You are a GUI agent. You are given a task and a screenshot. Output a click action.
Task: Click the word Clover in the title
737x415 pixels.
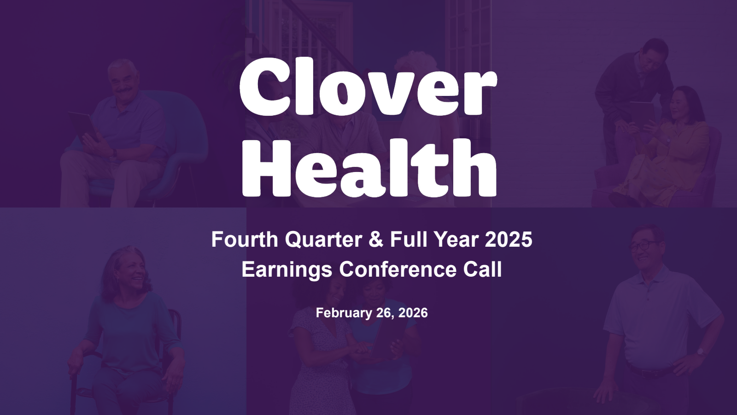(368, 86)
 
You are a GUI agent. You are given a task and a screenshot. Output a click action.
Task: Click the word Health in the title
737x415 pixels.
(369, 167)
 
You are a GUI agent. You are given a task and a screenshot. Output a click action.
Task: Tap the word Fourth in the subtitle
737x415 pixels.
(245, 239)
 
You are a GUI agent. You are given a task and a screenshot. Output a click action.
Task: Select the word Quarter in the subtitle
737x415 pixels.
(323, 240)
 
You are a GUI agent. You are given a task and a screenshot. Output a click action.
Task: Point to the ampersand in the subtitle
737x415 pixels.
(376, 239)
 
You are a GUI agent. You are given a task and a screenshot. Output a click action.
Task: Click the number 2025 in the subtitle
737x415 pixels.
(509, 239)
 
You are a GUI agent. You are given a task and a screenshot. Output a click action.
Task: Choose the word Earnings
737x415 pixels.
(287, 270)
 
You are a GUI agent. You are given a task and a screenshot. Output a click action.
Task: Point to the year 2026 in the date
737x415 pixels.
(413, 313)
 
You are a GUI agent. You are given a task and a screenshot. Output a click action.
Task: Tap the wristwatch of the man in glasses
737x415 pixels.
(700, 352)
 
